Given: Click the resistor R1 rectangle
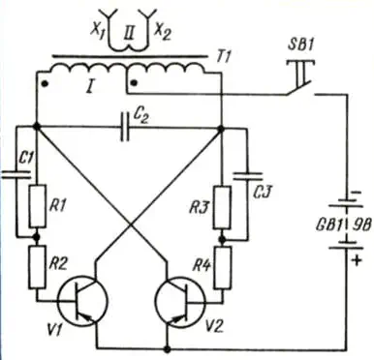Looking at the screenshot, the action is (37, 206).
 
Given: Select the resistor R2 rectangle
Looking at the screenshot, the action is (37, 267).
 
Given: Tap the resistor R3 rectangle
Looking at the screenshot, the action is (222, 207).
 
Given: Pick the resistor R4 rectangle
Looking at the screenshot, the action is (223, 268).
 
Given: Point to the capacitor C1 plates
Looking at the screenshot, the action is (16, 174).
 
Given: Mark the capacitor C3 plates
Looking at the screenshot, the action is (247, 176).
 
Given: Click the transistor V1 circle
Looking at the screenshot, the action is (82, 301).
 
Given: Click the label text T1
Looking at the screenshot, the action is (223, 57).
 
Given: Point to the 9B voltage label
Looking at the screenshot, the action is (364, 225).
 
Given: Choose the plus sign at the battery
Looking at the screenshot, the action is (357, 260).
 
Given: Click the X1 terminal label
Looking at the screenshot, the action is (97, 32).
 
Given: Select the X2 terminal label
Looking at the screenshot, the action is (163, 31).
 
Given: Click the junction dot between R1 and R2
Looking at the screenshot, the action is (37, 237).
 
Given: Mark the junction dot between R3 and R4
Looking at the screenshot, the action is (222, 239).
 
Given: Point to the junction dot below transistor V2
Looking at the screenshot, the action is (167, 349).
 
